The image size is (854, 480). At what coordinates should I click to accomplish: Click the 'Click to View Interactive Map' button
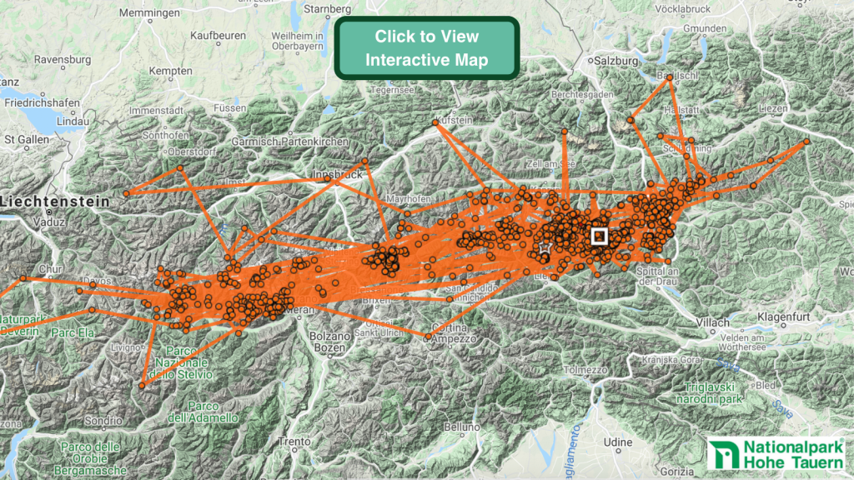pyautogui.click(x=427, y=48)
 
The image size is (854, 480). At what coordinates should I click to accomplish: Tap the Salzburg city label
pyautogui.click(x=617, y=61)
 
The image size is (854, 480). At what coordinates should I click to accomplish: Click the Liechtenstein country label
pyautogui.click(x=57, y=201)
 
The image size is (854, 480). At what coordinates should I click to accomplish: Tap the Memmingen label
pyautogui.click(x=150, y=14)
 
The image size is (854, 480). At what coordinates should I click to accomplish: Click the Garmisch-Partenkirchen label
pyautogui.click(x=290, y=142)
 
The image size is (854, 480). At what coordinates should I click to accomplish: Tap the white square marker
pyautogui.click(x=599, y=236)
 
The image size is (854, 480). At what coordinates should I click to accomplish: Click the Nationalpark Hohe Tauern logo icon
pyautogui.click(x=722, y=455)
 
